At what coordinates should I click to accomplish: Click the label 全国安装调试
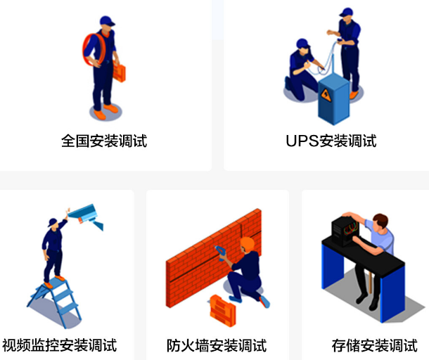[104, 141]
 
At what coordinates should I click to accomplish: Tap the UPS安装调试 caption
[331, 141]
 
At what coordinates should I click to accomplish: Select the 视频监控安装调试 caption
[59, 345]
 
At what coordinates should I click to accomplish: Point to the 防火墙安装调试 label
[217, 345]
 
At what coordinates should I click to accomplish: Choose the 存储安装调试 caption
[375, 345]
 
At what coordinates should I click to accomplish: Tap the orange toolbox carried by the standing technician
[120, 72]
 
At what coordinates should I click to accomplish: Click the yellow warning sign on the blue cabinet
[326, 95]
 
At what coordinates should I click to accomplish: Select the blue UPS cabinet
[333, 98]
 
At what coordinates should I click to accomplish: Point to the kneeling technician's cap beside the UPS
[302, 44]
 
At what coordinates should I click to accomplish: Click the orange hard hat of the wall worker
[247, 244]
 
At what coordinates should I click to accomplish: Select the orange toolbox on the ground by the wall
[222, 311]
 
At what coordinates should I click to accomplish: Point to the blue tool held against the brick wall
[220, 252]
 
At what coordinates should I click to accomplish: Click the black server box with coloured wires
[345, 231]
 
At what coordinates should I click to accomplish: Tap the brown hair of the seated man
[381, 219]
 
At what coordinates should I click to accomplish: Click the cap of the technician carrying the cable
[107, 21]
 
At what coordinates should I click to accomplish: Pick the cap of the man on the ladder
[52, 221]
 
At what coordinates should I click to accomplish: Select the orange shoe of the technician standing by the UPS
[354, 95]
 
